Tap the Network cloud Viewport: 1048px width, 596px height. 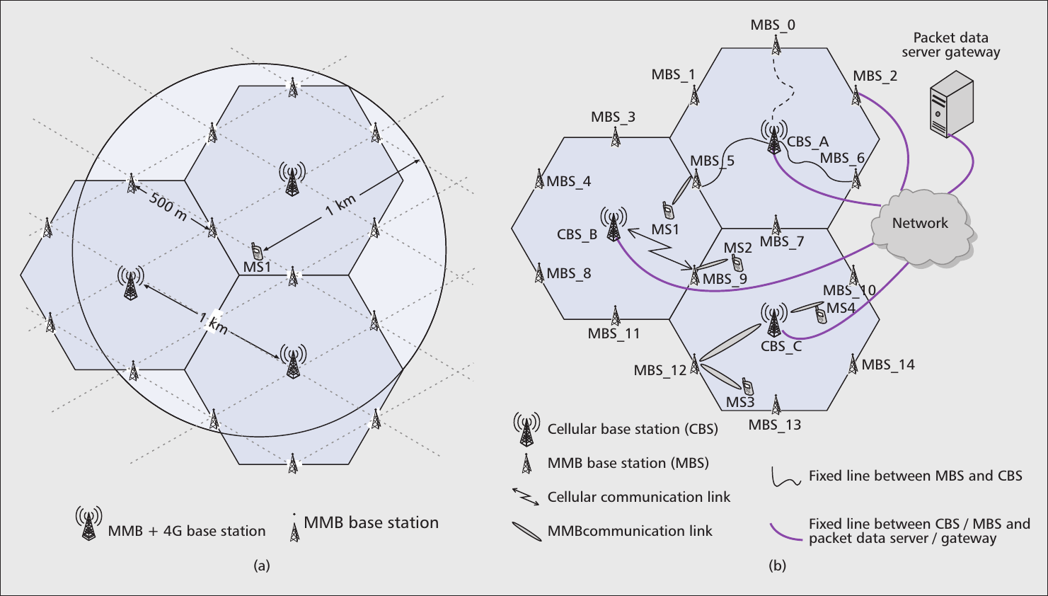(920, 225)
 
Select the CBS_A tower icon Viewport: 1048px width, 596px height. (774, 137)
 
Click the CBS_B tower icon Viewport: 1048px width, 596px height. (614, 224)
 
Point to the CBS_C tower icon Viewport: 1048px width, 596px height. (774, 320)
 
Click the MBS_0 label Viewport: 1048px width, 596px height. (773, 25)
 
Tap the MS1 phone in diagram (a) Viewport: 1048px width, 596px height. (257, 251)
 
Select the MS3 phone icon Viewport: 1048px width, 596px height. (747, 386)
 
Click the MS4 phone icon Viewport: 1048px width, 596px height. (821, 315)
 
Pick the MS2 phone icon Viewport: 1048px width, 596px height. (737, 263)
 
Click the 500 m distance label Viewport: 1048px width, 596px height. (168, 206)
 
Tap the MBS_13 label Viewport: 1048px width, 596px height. (775, 425)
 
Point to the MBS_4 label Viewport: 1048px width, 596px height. (568, 182)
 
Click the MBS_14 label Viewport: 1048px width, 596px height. (888, 365)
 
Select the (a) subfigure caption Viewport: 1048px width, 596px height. (262, 566)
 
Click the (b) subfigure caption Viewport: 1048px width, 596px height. (777, 566)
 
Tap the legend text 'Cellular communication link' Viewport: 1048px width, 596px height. (638, 497)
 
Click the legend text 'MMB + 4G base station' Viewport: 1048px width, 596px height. (187, 531)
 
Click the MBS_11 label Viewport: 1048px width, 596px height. (614, 333)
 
